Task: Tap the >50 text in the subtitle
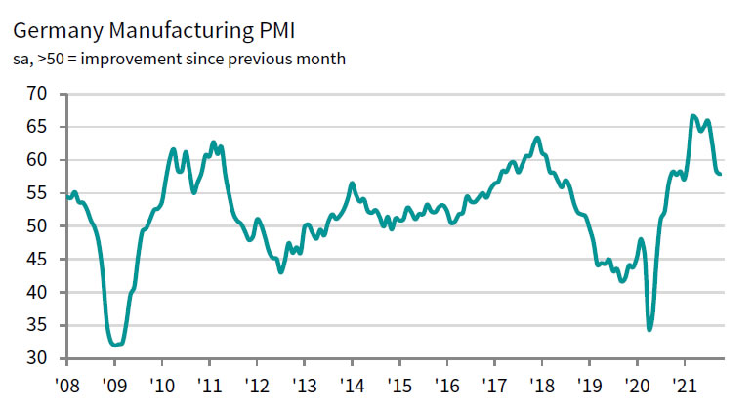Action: [x=53, y=60]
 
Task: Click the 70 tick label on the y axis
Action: [x=36, y=94]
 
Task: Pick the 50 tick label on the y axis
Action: [x=36, y=226]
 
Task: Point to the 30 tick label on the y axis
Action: [x=36, y=359]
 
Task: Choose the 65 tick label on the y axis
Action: [x=36, y=127]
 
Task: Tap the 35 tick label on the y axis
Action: [x=36, y=326]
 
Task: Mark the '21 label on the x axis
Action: [x=686, y=384]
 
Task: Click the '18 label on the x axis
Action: [x=542, y=384]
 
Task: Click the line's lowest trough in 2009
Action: [x=115, y=345]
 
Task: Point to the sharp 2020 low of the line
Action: [x=649, y=330]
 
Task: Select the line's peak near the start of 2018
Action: [x=537, y=138]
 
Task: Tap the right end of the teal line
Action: [x=721, y=174]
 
